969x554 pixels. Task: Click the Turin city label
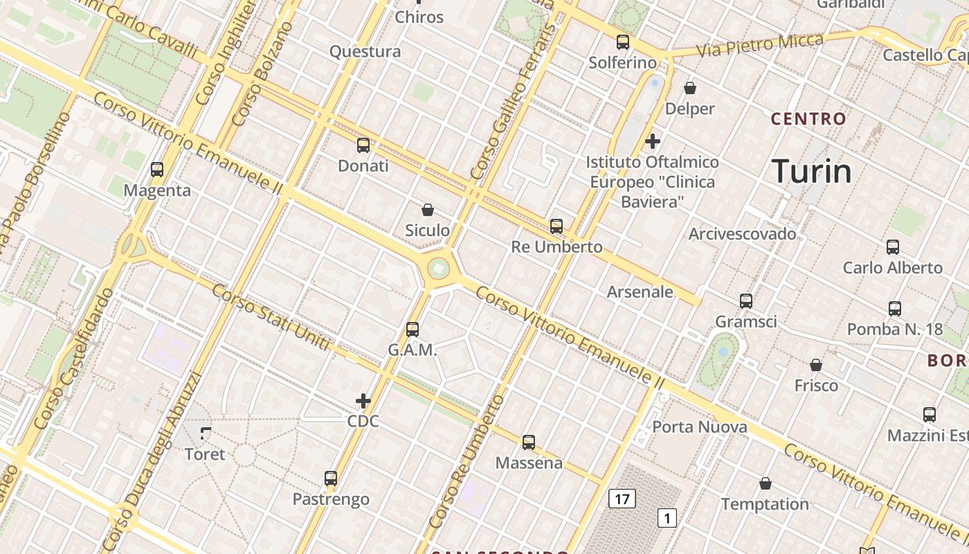[x=811, y=172]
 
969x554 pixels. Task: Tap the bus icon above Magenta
[x=157, y=170]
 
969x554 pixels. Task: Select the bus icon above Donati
[x=363, y=145]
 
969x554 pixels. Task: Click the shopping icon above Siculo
[x=428, y=209]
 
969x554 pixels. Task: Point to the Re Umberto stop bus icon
[x=556, y=226]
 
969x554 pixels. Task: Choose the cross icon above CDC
[x=363, y=401]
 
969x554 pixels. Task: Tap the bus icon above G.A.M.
[x=413, y=330]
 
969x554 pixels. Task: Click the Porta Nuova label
[x=700, y=427]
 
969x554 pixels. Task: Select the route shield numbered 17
[x=623, y=498]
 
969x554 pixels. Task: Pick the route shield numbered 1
[x=667, y=517]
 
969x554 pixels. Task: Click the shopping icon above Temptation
[x=766, y=483]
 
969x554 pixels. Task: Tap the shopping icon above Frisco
[x=816, y=365]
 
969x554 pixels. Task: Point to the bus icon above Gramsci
[x=746, y=301]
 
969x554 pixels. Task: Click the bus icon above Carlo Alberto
[x=893, y=247]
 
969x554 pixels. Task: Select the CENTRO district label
[x=808, y=119]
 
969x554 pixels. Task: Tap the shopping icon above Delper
[x=690, y=88]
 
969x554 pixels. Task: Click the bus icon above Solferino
[x=623, y=42]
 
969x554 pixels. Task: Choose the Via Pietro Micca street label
[x=760, y=44]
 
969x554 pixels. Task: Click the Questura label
[x=365, y=51]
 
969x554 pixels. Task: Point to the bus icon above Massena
[x=529, y=443]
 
